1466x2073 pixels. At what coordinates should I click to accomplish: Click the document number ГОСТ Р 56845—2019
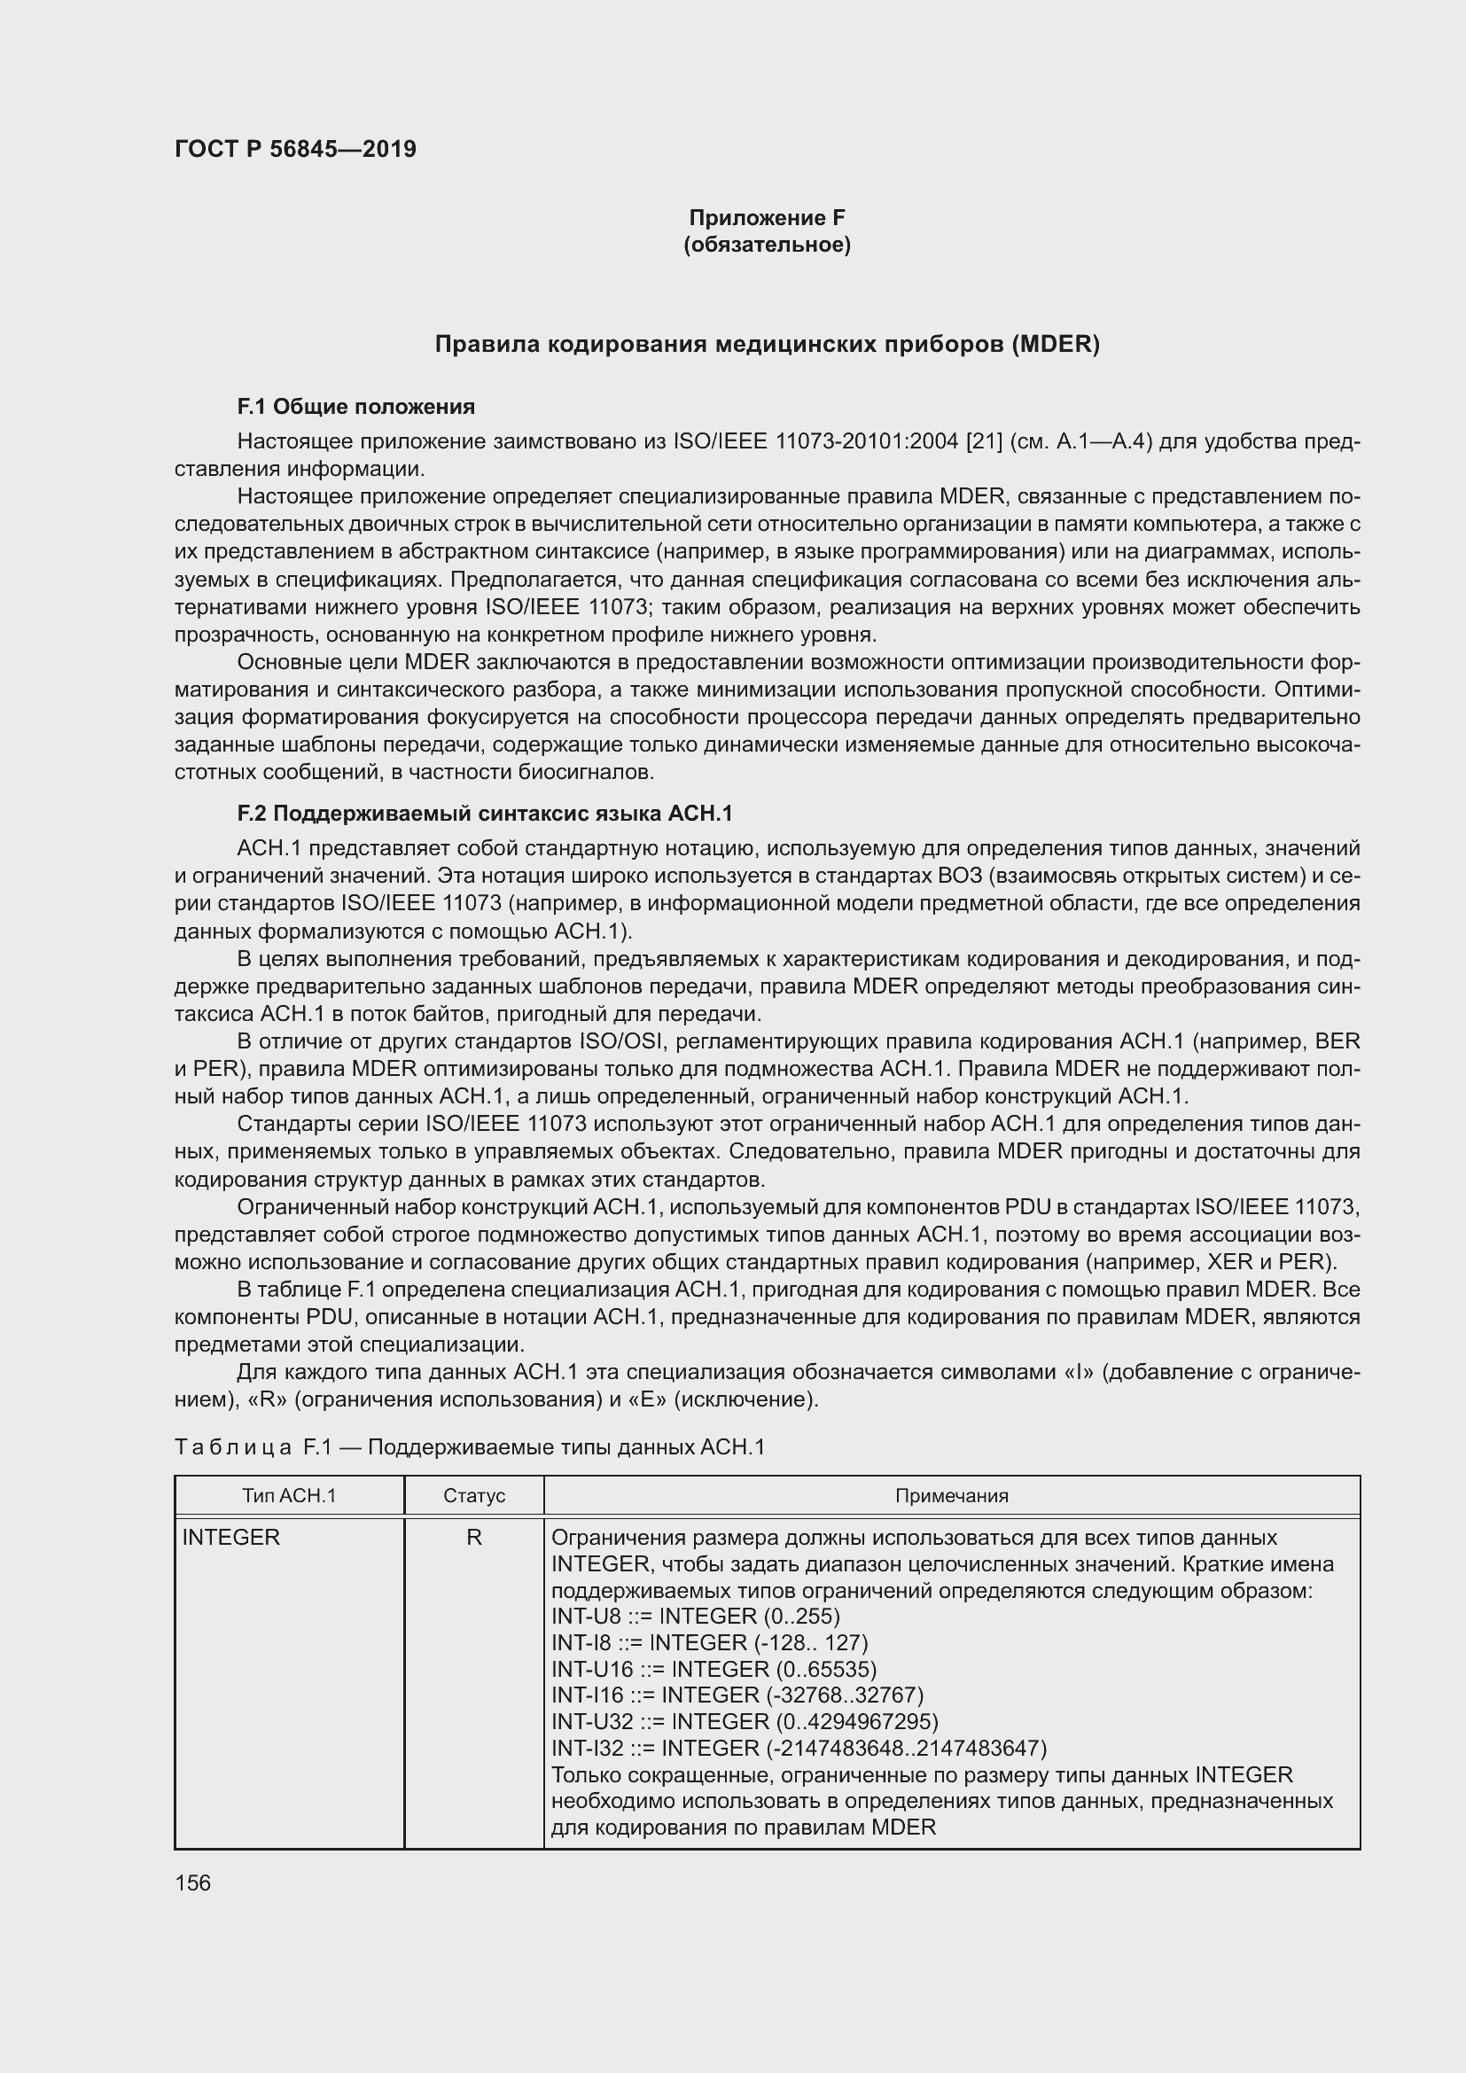point(295,149)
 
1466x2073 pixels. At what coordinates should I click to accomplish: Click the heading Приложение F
point(767,218)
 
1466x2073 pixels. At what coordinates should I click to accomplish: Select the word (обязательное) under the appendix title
point(767,245)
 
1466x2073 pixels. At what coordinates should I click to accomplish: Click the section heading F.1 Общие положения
point(355,407)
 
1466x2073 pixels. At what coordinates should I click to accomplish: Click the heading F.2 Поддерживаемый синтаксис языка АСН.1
point(484,814)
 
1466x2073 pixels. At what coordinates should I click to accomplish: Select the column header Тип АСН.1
point(289,1521)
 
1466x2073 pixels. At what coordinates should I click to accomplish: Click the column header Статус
point(474,1521)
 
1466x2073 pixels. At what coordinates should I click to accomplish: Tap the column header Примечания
point(951,1521)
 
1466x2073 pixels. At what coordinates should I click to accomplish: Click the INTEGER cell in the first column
point(231,1562)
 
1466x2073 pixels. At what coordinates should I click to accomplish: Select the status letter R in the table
point(474,1562)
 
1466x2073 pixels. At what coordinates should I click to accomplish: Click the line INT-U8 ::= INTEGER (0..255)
point(695,1641)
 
